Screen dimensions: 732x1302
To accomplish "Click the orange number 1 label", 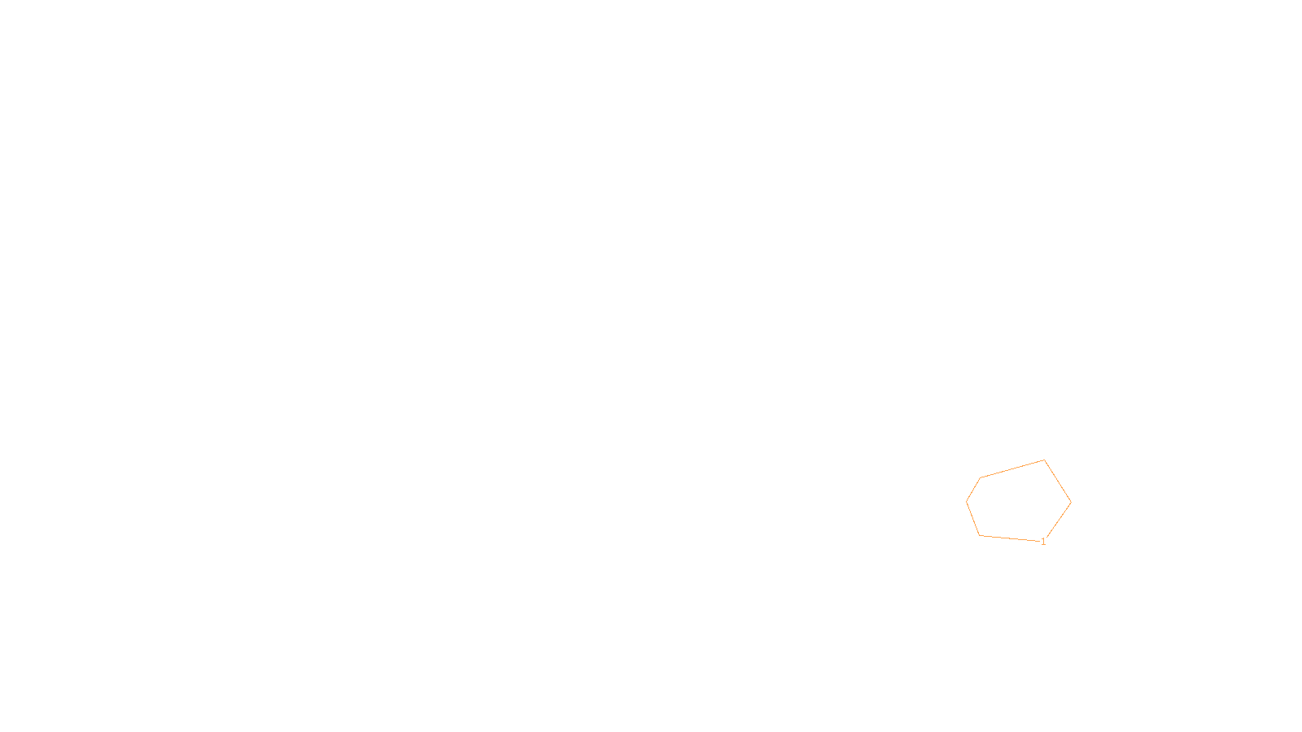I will (1043, 542).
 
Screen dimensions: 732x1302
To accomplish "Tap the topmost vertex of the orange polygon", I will (1044, 460).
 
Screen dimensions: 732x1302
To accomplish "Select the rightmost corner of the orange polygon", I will (1071, 503).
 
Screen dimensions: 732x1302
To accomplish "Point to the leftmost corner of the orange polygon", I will (967, 502).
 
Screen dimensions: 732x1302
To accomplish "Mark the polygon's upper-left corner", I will (981, 478).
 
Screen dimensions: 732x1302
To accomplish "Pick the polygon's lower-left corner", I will (979, 535).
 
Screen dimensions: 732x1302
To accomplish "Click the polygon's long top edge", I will (1012, 469).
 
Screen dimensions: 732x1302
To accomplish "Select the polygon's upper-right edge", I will (1058, 481).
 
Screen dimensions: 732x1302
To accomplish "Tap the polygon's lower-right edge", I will (1057, 521).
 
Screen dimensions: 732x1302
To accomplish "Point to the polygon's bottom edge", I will (1011, 538).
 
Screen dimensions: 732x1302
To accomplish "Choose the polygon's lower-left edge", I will (972, 519).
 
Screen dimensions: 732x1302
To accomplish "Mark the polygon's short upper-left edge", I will (973, 490).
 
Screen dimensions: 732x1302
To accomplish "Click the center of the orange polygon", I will (1017, 503).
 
